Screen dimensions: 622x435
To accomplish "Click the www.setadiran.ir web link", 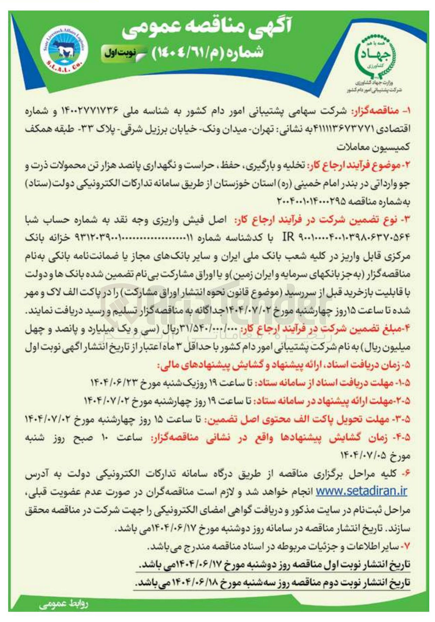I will click(361, 491).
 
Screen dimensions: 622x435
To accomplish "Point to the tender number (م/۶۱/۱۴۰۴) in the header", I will click(209, 53).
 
